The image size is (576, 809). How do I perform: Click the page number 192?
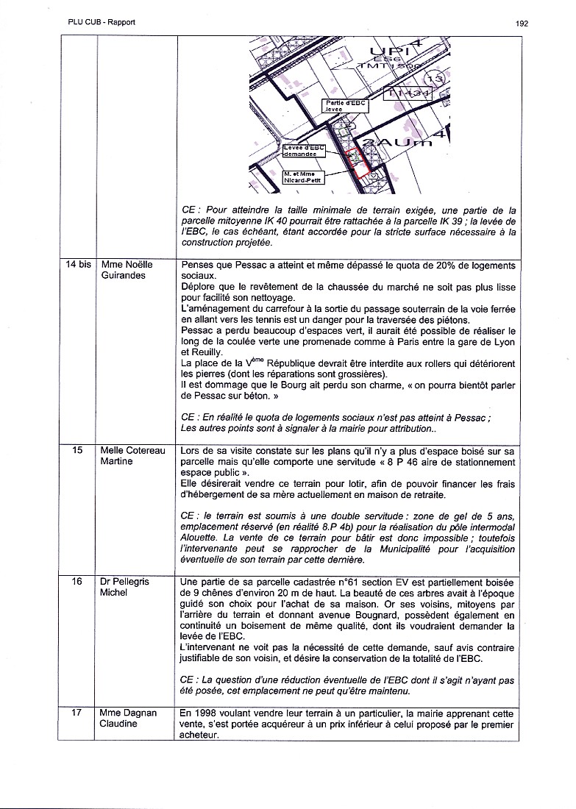point(522,23)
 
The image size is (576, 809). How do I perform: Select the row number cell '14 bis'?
point(76,265)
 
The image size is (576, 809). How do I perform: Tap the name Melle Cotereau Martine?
point(133,455)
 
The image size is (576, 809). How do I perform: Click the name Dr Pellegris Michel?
point(124,586)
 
